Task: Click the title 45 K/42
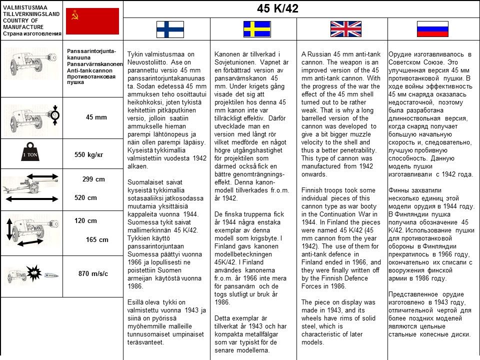(x=277, y=9)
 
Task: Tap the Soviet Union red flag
(x=92, y=21)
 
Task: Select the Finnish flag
(x=170, y=29)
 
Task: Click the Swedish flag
(x=256, y=29)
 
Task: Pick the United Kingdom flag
(x=345, y=29)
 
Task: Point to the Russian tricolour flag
(x=432, y=29)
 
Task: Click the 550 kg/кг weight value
(x=88, y=154)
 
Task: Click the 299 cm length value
(x=93, y=179)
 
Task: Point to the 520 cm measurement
(x=85, y=197)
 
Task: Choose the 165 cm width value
(x=97, y=239)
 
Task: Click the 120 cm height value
(x=85, y=220)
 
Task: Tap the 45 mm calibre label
(x=96, y=117)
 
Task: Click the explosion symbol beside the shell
(x=34, y=272)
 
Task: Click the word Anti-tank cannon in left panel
(x=89, y=70)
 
